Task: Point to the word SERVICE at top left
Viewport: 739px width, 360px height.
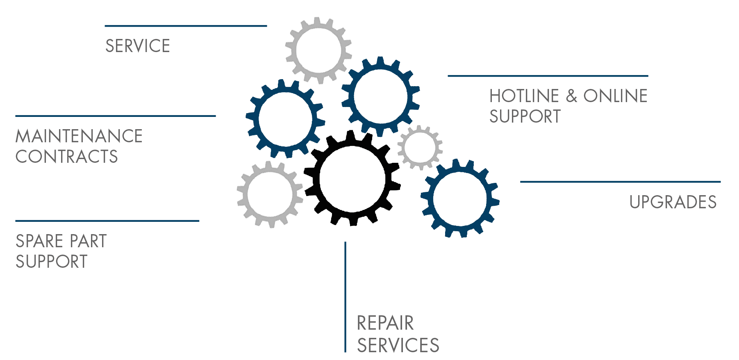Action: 137,46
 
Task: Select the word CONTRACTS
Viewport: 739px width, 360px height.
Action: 67,157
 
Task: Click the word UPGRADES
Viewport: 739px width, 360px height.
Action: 673,202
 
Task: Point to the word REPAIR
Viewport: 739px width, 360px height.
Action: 385,324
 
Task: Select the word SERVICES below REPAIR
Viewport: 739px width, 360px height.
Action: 398,345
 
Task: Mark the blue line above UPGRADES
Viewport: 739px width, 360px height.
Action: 620,182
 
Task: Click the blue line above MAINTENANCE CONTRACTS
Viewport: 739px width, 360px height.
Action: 115,116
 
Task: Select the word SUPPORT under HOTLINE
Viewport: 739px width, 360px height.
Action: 525,117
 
